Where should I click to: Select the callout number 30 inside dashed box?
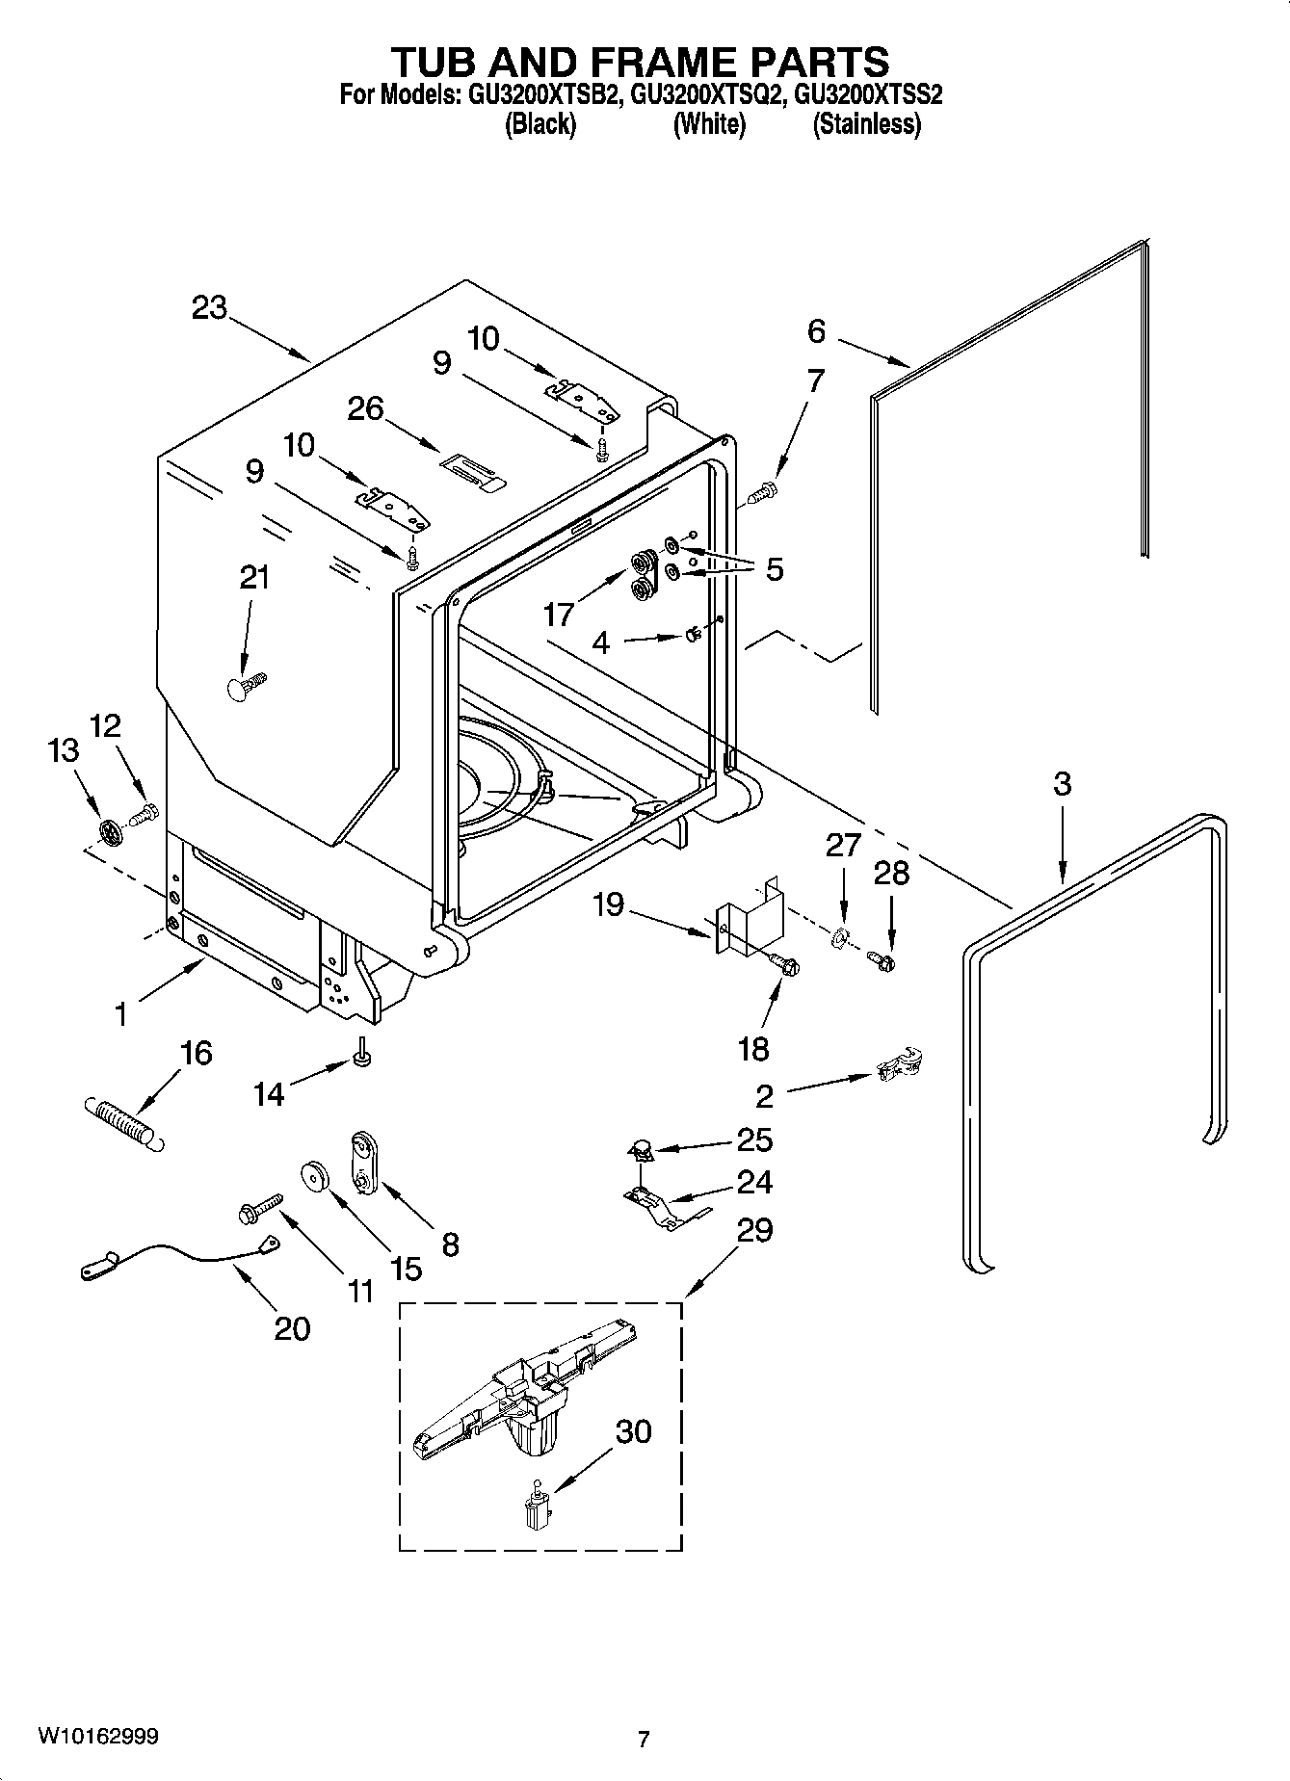(633, 1431)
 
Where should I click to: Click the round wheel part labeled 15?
(315, 1176)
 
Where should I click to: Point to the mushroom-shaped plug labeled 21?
(247, 686)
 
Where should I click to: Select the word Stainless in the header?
(866, 124)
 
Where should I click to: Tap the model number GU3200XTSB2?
(543, 95)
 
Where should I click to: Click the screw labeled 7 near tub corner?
(761, 493)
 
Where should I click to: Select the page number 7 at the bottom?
(644, 1739)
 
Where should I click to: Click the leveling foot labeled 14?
(363, 1056)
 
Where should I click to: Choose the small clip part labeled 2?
(902, 1064)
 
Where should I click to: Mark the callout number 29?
(754, 1230)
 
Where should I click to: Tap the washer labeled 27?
(839, 934)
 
